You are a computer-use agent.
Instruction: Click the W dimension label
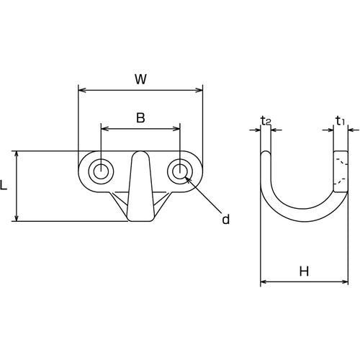140,79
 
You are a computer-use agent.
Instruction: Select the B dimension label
140,118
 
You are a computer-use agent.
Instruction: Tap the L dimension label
4,185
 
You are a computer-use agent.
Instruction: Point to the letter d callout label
225,219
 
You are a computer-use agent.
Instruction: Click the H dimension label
304,271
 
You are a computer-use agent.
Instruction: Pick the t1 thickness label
340,121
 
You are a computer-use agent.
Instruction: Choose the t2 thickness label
266,121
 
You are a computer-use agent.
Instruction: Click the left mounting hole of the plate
101,171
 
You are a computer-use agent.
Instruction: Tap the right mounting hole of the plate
180,171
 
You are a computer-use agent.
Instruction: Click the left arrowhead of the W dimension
82,90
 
